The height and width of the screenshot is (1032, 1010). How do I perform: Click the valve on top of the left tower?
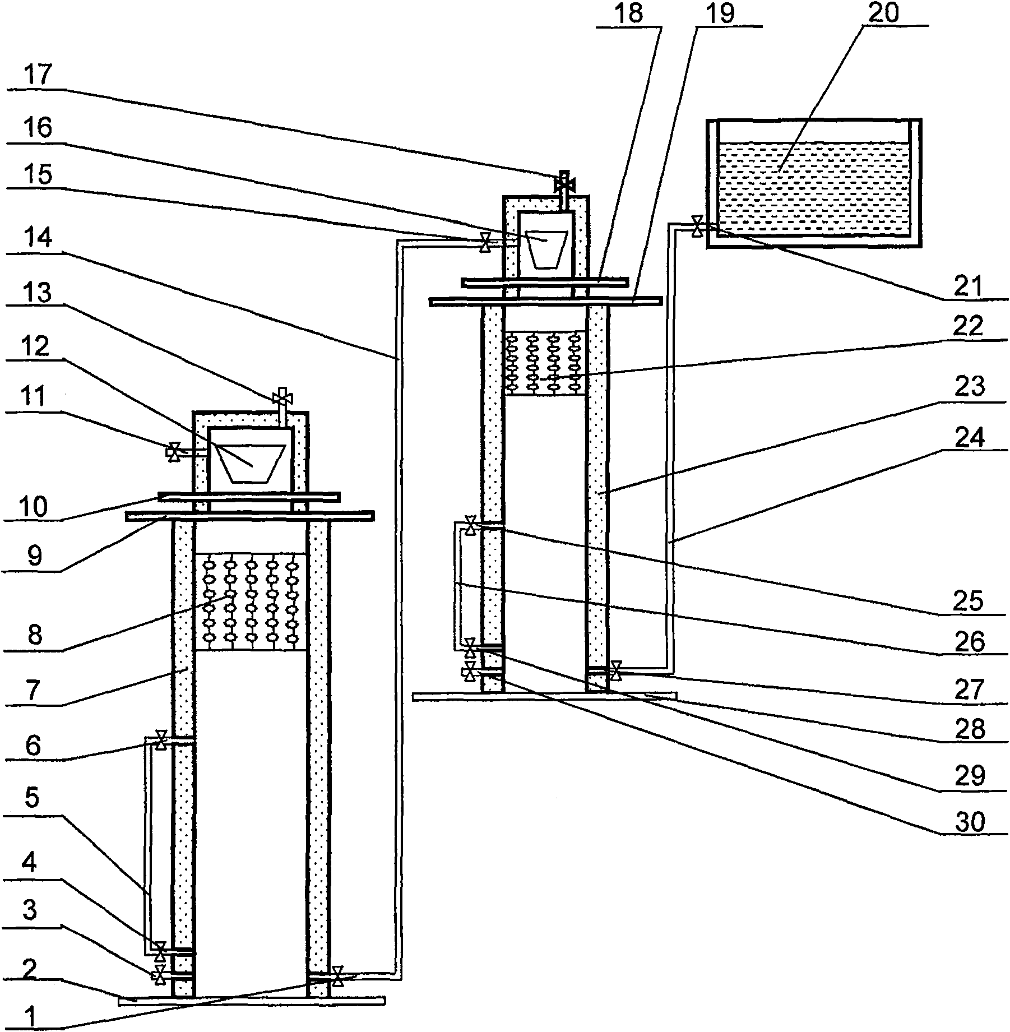[x=279, y=399]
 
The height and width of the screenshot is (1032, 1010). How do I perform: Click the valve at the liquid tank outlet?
[x=697, y=227]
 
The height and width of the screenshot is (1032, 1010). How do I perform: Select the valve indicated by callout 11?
[x=174, y=451]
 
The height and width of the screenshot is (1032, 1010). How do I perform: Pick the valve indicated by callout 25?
[x=471, y=526]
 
